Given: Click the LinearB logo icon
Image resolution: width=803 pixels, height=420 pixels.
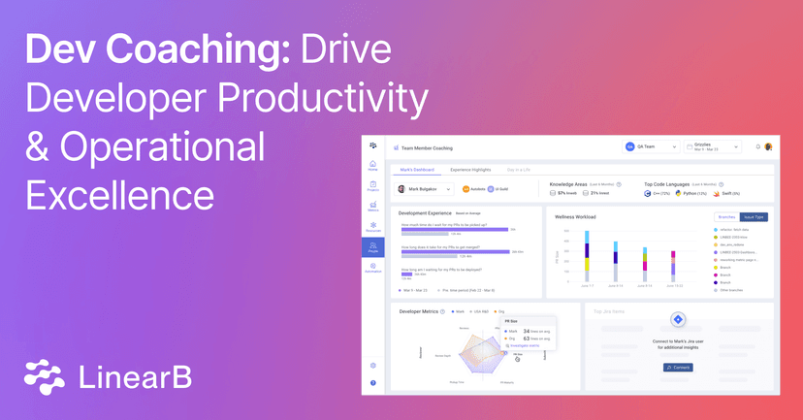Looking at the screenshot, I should (45, 375).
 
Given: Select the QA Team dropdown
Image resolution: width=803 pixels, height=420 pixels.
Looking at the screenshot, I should (649, 146).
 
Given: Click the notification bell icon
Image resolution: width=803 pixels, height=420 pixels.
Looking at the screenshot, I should (757, 146).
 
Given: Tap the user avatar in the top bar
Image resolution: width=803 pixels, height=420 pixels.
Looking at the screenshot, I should (768, 146).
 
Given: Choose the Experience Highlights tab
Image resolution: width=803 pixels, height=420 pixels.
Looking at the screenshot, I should (471, 170).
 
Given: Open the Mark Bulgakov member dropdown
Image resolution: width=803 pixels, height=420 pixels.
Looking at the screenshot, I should (421, 188).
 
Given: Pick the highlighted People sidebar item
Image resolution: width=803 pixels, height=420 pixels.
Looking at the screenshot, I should (373, 246).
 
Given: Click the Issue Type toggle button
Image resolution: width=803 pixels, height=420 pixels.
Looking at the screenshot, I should (754, 216).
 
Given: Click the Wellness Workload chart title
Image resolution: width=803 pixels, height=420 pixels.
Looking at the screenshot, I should (576, 216).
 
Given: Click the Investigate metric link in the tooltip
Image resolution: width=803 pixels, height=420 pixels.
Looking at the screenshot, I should (525, 344).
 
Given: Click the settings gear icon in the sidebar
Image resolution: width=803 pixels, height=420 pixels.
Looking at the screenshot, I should (373, 365).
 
